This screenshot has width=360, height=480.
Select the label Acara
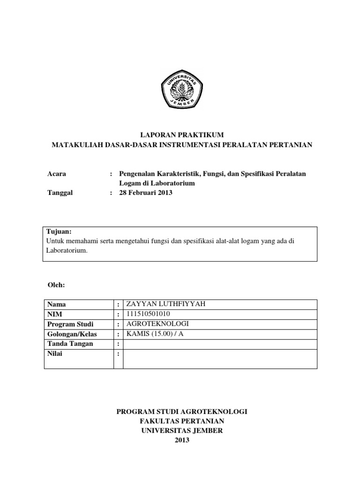click(x=57, y=174)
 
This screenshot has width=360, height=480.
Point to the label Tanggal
click(x=60, y=193)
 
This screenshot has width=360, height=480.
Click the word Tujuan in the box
click(x=59, y=232)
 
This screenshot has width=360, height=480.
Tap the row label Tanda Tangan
click(x=70, y=344)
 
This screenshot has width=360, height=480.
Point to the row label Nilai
click(x=55, y=353)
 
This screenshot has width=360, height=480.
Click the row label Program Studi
click(x=70, y=324)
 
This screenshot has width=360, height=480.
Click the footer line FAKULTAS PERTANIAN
click(x=181, y=421)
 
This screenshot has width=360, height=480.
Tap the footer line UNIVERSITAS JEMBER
click(x=181, y=431)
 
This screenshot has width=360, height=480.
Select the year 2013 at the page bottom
click(x=181, y=440)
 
